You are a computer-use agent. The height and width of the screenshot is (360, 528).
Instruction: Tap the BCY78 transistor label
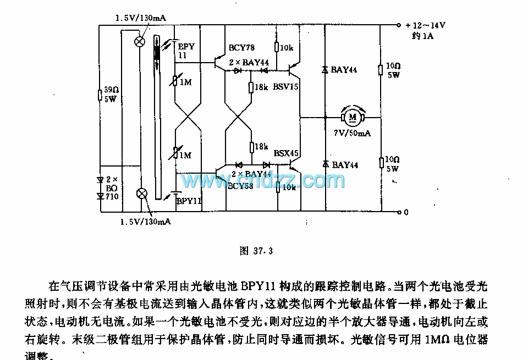click(x=241, y=48)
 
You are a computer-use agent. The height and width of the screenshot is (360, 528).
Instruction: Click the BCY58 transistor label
click(x=241, y=186)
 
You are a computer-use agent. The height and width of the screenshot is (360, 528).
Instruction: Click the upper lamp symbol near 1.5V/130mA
click(x=140, y=40)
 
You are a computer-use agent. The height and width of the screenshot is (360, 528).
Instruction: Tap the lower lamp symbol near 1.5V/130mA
click(x=142, y=193)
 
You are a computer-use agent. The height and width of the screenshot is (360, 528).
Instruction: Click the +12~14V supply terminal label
click(x=425, y=25)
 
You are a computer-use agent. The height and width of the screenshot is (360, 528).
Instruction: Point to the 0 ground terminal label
click(x=406, y=212)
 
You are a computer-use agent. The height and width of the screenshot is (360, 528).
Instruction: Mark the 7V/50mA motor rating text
click(x=353, y=134)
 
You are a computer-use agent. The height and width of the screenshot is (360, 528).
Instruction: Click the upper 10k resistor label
click(x=287, y=48)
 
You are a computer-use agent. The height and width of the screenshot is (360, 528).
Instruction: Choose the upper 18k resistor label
click(x=261, y=87)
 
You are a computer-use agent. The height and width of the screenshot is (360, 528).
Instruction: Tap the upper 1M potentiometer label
click(x=185, y=82)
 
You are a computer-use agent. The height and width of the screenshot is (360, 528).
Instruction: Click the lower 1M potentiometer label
click(x=185, y=156)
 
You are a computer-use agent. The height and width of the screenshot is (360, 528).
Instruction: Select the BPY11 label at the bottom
click(x=189, y=201)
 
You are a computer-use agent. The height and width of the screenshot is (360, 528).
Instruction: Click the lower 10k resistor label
click(x=288, y=187)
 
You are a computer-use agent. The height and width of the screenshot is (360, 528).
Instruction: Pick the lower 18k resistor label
click(x=261, y=147)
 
